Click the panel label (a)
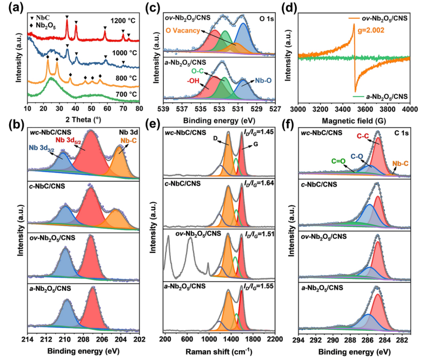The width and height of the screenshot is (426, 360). pos(9,6)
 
